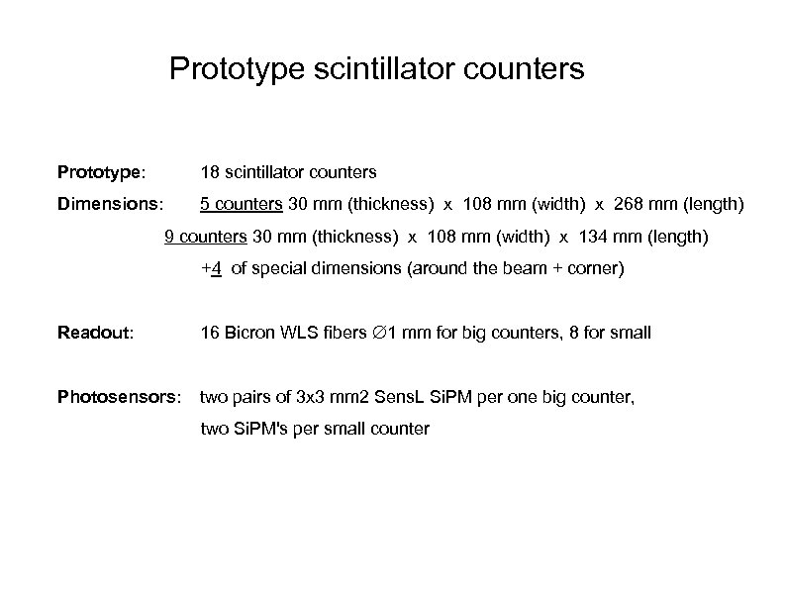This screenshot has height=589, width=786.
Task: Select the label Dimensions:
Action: pos(110,206)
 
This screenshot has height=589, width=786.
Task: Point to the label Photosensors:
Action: pos(119,398)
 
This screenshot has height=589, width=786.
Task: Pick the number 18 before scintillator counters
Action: pos(210,172)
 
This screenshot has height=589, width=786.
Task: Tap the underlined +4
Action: pos(210,268)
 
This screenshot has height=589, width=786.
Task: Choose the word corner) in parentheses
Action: pos(595,268)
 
